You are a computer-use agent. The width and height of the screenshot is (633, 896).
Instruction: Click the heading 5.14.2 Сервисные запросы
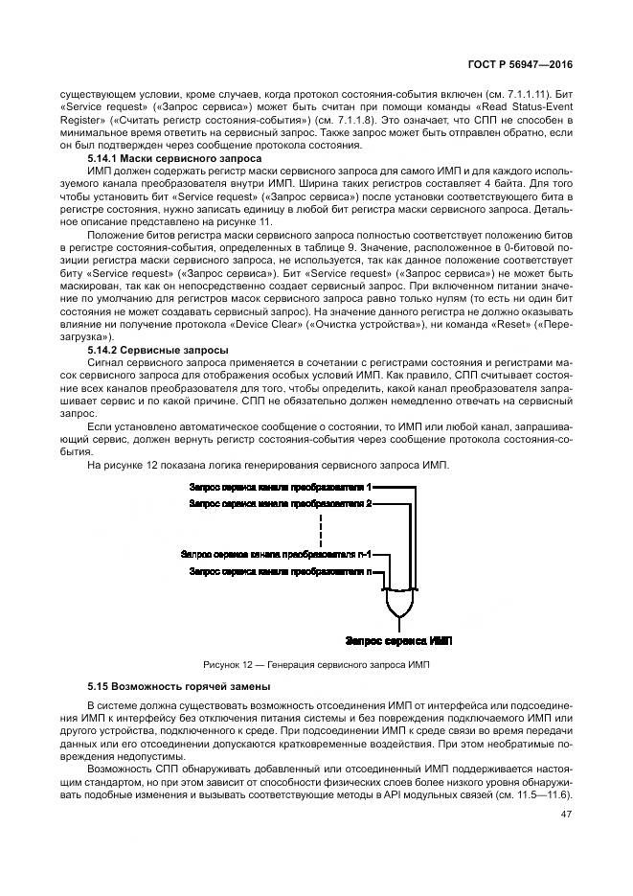[157, 351]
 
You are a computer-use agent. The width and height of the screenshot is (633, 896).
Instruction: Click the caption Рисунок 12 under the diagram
[317, 664]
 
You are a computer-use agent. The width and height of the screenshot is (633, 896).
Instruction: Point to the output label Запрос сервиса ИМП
[398, 639]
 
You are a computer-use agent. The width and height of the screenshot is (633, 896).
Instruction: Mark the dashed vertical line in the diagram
[321, 527]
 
